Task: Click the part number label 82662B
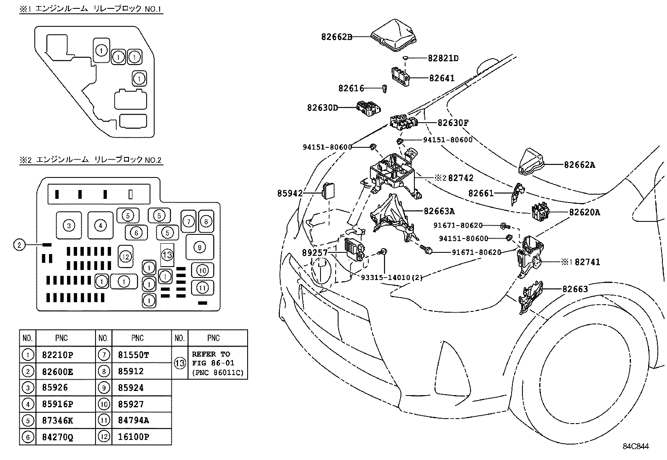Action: [336, 37]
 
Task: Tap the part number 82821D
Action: [443, 58]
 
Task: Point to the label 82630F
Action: [453, 123]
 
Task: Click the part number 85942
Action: [290, 193]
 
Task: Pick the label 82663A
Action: [439, 211]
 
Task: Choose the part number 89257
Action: [314, 253]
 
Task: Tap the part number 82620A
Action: [584, 212]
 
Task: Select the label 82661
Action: [481, 193]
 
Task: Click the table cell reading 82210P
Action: [58, 355]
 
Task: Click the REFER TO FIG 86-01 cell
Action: [217, 363]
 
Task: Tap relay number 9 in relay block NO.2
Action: [199, 247]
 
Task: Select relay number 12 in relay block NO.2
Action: [125, 256]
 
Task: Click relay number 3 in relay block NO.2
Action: [69, 226]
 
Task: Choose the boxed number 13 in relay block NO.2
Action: [167, 254]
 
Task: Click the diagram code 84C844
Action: [635, 446]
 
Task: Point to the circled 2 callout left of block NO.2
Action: [19, 245]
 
